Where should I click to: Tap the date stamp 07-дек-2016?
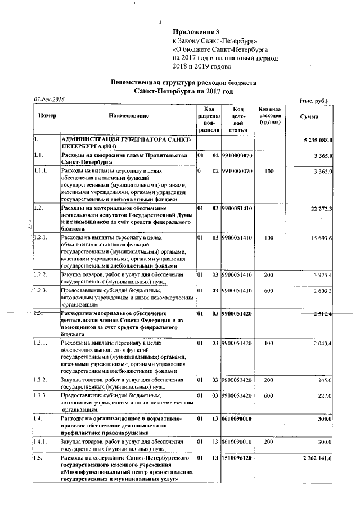(49, 100)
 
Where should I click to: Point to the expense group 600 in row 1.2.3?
(269, 291)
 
